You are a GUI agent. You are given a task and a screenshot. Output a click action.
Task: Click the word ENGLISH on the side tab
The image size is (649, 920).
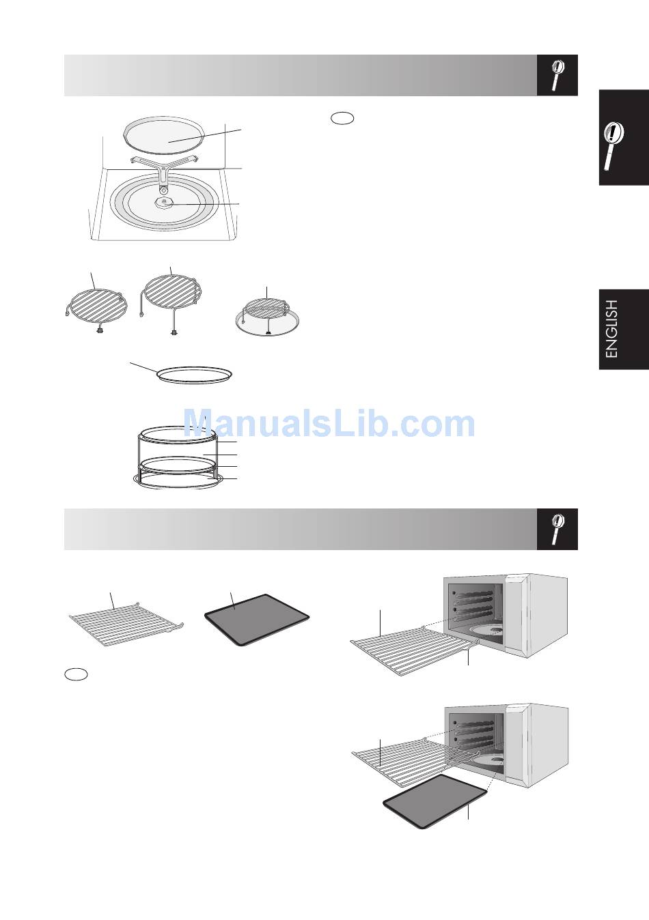click(x=612, y=329)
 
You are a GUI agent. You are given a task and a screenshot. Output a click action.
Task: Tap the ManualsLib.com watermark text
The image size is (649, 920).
click(x=329, y=424)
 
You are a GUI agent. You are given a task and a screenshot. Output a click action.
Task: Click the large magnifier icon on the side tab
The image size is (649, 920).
click(x=613, y=146)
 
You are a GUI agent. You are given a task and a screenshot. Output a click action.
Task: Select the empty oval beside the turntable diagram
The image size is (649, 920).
click(x=342, y=118)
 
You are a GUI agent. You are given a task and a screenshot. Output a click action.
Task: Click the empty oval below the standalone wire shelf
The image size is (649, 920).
click(x=76, y=674)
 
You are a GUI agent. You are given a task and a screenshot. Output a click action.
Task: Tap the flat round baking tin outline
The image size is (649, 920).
click(x=195, y=375)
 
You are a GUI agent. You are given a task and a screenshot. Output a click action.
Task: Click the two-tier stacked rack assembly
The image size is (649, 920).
click(x=178, y=457)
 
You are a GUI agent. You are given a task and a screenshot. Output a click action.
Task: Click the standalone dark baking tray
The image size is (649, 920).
click(x=256, y=619)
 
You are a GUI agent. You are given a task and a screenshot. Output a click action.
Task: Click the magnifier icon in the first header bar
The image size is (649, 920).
click(x=557, y=75)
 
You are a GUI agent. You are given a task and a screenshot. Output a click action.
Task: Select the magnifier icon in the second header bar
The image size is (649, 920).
click(x=557, y=530)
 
